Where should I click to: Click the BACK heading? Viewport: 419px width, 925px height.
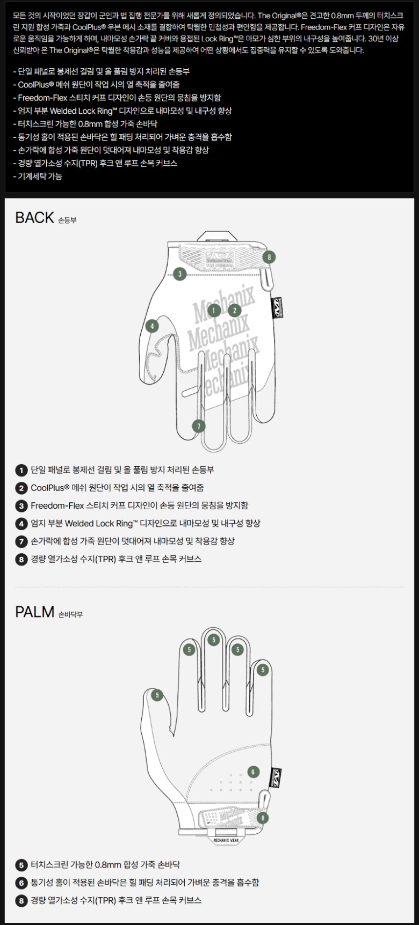pos(35,217)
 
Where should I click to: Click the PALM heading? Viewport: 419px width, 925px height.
pos(35,612)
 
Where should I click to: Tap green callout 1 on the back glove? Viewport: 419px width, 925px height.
pos(214,310)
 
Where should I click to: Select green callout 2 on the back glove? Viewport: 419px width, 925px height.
pos(234,310)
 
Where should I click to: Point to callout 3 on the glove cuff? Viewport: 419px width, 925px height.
pos(179,274)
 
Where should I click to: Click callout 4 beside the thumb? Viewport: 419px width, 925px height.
pos(152,326)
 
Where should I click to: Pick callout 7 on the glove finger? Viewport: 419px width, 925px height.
pos(199,426)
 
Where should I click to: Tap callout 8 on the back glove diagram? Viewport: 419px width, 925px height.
pos(269,257)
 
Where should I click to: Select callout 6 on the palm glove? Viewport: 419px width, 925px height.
pos(253,772)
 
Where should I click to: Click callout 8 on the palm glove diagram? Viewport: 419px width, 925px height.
pos(262,818)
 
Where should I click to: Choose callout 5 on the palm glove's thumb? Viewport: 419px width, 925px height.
pos(157,695)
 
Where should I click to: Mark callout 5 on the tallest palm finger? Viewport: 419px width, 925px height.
pos(214,640)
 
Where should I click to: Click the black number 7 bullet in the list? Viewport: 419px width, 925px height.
pos(21,541)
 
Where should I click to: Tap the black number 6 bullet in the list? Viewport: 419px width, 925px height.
pos(21,883)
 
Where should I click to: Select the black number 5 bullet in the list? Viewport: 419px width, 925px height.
pos(21,865)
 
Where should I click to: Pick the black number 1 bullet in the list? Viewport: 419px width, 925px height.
pos(21,471)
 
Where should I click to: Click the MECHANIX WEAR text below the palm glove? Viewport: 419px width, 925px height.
pos(226,840)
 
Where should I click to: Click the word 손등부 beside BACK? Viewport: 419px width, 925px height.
pos(67,220)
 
